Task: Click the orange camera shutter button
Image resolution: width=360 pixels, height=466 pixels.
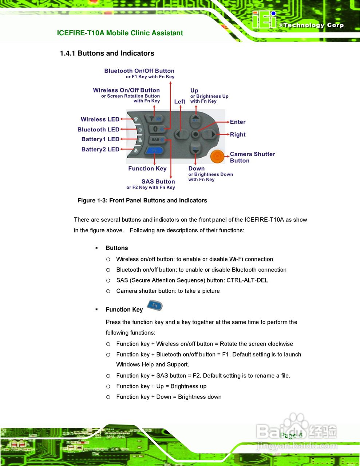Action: [x=217, y=156]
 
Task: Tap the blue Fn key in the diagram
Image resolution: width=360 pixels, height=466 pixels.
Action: [x=154, y=150]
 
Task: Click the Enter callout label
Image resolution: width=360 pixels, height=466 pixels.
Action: [x=238, y=122]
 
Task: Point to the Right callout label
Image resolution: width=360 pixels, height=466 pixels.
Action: [x=238, y=134]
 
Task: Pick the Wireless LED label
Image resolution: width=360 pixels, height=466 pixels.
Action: [x=100, y=119]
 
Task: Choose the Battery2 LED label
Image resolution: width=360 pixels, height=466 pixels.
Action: [x=100, y=149]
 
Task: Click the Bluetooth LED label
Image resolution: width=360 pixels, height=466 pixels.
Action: [x=98, y=130]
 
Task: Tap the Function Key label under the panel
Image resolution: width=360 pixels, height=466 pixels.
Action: [x=147, y=169]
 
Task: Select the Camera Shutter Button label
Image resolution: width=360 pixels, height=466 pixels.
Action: [x=252, y=157]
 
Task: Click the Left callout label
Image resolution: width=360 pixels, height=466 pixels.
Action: [x=180, y=102]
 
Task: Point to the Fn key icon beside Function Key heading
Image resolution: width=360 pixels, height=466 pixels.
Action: [x=155, y=305]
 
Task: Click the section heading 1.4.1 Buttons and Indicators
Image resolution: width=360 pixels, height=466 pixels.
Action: [x=107, y=53]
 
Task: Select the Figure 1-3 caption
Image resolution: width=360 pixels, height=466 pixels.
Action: [x=142, y=200]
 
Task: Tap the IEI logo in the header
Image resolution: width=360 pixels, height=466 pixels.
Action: [x=264, y=20]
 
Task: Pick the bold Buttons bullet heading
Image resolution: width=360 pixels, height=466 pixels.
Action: [x=116, y=248]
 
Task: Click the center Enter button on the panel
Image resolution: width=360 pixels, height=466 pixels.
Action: [x=195, y=134]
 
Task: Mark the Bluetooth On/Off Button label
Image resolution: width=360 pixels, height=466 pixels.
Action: [x=139, y=71]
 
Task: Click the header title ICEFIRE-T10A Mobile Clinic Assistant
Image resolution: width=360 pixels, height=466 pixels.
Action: [x=120, y=33]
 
